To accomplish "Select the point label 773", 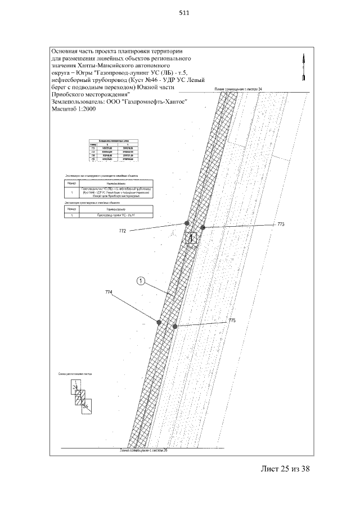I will pyautogui.click(x=282, y=224).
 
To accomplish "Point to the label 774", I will pyautogui.click(x=109, y=291).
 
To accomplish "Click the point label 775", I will pyautogui.click(x=231, y=321).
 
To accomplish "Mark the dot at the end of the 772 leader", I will pyautogui.click(x=186, y=223).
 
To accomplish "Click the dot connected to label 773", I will pyautogui.click(x=204, y=227).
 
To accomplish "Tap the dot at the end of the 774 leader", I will pyautogui.click(x=159, y=322).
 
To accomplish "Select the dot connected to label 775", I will pyautogui.click(x=175, y=326).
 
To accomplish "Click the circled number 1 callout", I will pyautogui.click(x=141, y=281).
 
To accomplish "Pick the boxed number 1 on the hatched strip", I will pyautogui.click(x=192, y=239).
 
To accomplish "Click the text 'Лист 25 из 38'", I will pyautogui.click(x=286, y=468).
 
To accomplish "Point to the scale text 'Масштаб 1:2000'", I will pyautogui.click(x=74, y=109).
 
